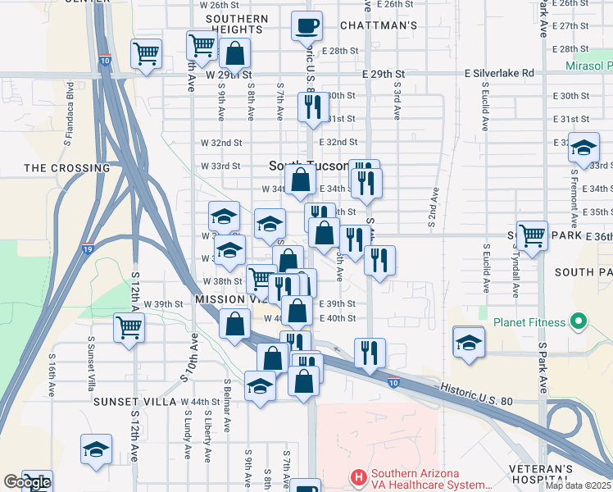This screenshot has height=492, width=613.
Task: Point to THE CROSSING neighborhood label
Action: [67, 168]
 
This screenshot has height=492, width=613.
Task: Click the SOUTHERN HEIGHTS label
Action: [237, 24]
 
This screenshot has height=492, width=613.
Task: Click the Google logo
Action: [27, 482]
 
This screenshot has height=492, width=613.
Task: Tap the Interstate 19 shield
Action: [86, 247]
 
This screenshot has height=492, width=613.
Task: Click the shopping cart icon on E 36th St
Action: [532, 235]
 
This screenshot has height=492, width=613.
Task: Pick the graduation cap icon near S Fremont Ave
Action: [583, 148]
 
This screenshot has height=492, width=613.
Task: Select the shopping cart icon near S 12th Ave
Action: [129, 327]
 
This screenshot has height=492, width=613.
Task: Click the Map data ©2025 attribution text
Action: [578, 485]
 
